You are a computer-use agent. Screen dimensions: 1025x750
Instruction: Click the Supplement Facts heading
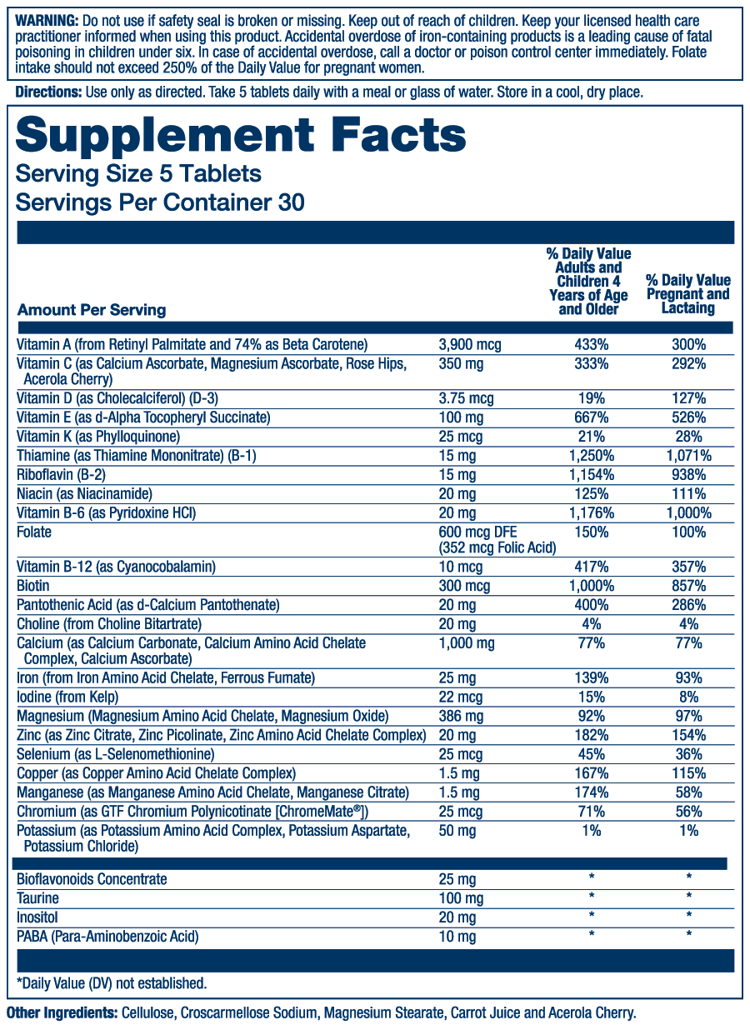(241, 136)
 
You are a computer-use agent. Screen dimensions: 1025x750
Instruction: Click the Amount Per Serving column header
(92, 310)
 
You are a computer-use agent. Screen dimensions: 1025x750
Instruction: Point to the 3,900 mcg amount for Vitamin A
(470, 344)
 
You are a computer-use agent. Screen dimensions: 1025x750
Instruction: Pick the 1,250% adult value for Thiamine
(591, 455)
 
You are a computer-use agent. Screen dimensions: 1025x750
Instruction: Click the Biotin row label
(33, 586)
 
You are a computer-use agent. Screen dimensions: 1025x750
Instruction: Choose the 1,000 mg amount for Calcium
(467, 643)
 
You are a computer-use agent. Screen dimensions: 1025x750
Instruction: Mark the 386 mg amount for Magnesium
(461, 716)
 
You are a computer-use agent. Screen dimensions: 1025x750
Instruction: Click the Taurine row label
(38, 898)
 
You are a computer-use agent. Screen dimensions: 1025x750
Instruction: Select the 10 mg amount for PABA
(457, 937)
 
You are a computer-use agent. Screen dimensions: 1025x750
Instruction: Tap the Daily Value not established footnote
(112, 983)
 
